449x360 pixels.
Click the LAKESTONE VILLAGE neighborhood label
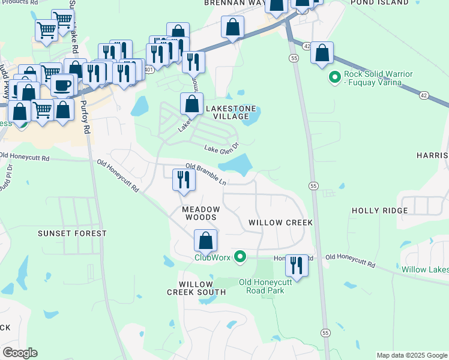point(231,109)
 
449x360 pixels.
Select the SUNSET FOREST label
point(72,233)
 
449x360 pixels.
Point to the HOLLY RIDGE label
point(379,211)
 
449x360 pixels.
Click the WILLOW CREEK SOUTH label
point(196,288)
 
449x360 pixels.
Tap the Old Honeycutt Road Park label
point(261,286)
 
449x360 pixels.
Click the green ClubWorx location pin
point(240,257)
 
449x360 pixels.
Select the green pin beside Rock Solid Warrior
point(334,77)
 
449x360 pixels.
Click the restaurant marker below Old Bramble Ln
point(183,180)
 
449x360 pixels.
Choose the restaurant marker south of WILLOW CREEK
point(296,264)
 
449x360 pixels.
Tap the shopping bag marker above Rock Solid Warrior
point(322,53)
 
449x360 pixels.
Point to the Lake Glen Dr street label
point(221,147)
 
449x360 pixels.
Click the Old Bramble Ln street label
point(206,174)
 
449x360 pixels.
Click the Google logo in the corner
point(20,353)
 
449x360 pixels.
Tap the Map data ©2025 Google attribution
point(412,355)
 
